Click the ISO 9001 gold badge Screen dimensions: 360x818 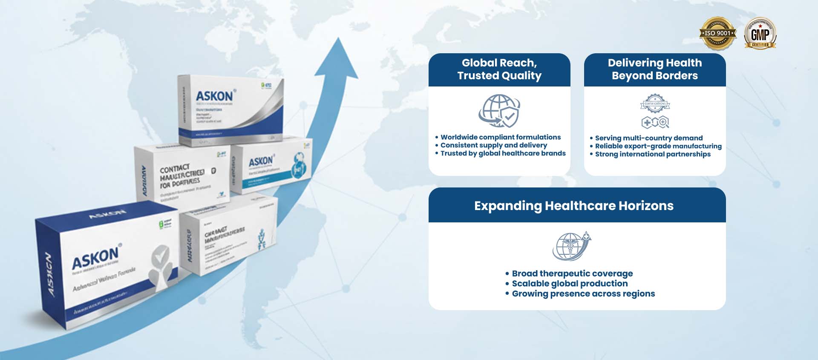pyautogui.click(x=718, y=33)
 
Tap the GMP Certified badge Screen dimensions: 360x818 pyautogui.click(x=760, y=33)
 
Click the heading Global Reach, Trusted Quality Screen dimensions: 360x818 pyautogui.click(x=499, y=69)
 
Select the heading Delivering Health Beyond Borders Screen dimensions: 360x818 pyautogui.click(x=655, y=69)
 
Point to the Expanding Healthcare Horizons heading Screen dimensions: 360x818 pyautogui.click(x=574, y=206)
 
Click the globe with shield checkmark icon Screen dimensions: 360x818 pyautogui.click(x=499, y=111)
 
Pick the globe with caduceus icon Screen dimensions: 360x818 pyautogui.click(x=572, y=246)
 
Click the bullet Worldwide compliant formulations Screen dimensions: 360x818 pyautogui.click(x=501, y=137)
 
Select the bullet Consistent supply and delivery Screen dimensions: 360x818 pyautogui.click(x=494, y=145)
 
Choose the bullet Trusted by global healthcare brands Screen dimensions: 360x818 pyautogui.click(x=503, y=153)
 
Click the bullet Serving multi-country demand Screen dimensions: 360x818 pyautogui.click(x=649, y=138)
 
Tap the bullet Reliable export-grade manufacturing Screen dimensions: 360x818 pyautogui.click(x=658, y=146)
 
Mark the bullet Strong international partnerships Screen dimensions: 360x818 pyautogui.click(x=653, y=154)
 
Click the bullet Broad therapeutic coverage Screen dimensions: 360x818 pyautogui.click(x=572, y=274)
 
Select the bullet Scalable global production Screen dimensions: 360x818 pyautogui.click(x=570, y=284)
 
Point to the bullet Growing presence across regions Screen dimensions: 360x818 pyautogui.click(x=583, y=294)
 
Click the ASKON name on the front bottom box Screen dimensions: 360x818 pyautogui.click(x=95, y=257)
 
